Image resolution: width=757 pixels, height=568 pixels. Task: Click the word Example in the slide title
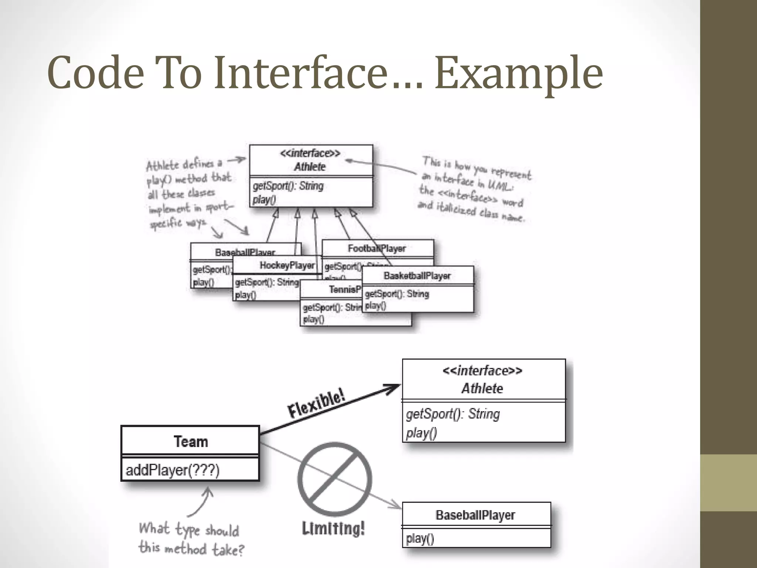coord(518,73)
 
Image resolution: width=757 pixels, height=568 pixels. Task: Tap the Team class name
coord(191,442)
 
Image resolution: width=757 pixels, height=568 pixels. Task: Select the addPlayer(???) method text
coord(173,470)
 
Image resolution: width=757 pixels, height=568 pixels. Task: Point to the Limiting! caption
coord(333,528)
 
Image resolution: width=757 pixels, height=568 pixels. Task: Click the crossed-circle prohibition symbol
coord(335,479)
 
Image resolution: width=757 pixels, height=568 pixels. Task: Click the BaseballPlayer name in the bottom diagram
coord(475,515)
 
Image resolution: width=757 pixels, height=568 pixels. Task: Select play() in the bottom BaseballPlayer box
coord(420,538)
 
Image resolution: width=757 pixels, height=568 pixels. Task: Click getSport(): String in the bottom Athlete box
coord(453,414)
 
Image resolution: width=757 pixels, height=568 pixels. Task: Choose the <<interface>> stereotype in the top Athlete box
coord(310,153)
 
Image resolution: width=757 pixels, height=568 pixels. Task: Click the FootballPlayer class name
coord(377,248)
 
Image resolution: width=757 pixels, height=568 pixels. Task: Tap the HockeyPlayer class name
coord(287,265)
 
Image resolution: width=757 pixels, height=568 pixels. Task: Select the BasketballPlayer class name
coord(417,276)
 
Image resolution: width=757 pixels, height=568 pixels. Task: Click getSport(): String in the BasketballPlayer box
coord(397,294)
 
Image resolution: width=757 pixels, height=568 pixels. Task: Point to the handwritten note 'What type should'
coord(189,530)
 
